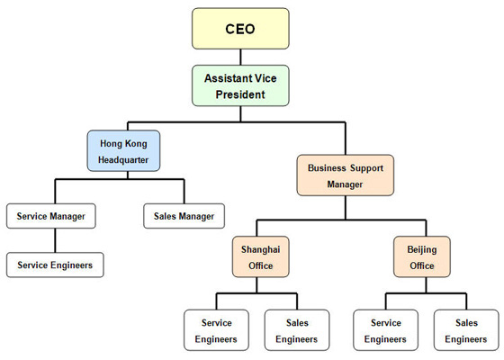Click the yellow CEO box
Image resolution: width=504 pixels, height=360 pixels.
(240, 29)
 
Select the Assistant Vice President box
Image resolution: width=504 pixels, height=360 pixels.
(240, 85)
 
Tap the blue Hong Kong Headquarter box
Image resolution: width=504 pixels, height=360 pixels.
(123, 151)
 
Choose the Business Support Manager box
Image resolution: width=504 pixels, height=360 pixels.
(346, 175)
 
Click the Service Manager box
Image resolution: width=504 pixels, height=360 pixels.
(51, 216)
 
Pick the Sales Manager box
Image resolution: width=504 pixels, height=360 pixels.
(184, 216)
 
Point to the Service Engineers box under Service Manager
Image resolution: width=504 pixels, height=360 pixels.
(55, 265)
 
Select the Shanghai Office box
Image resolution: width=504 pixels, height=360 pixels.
(261, 256)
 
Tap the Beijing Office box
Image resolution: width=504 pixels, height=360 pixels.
(422, 256)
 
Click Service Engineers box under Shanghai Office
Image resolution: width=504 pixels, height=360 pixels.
(216, 330)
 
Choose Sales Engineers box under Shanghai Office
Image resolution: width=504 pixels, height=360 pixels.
(297, 330)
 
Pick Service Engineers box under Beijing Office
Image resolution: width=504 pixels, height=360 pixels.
(386, 330)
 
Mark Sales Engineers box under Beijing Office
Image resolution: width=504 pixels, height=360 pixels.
(466, 330)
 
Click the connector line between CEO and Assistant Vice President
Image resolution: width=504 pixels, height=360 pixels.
(240, 58)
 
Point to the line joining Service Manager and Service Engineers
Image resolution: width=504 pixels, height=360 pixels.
(55, 240)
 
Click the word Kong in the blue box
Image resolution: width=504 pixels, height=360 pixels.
(136, 144)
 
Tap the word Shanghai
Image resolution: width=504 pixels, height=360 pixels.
(261, 249)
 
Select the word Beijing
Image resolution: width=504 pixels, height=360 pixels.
(422, 249)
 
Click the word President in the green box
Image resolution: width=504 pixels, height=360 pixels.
(240, 94)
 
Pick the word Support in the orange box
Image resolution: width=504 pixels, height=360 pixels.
(367, 168)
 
